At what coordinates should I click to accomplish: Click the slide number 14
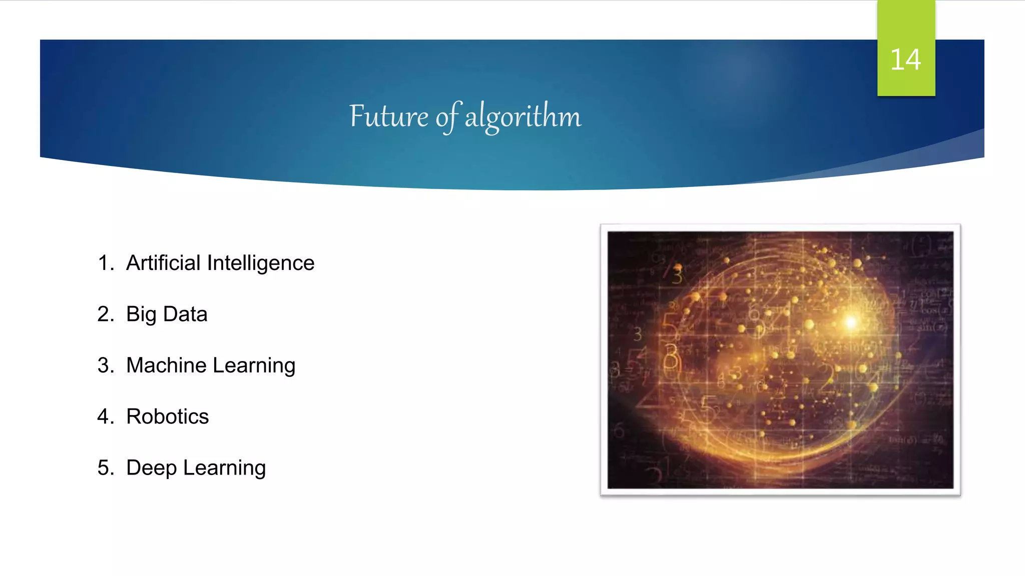click(905, 60)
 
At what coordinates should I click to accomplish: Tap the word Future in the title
click(388, 116)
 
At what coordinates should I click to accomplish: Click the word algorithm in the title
click(523, 116)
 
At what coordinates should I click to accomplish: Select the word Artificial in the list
click(163, 263)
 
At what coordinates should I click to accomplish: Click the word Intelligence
click(261, 263)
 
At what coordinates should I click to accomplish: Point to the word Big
click(141, 314)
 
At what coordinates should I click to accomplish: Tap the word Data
click(185, 314)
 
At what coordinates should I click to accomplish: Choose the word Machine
click(166, 365)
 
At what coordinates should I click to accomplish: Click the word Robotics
click(167, 416)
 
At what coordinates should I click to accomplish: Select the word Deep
click(151, 468)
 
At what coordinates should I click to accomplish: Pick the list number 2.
click(105, 314)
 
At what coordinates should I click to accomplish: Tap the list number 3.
click(105, 365)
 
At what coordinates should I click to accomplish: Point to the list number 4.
click(105, 416)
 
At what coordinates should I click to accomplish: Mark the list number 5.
click(105, 468)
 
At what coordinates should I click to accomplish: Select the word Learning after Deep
click(224, 468)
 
